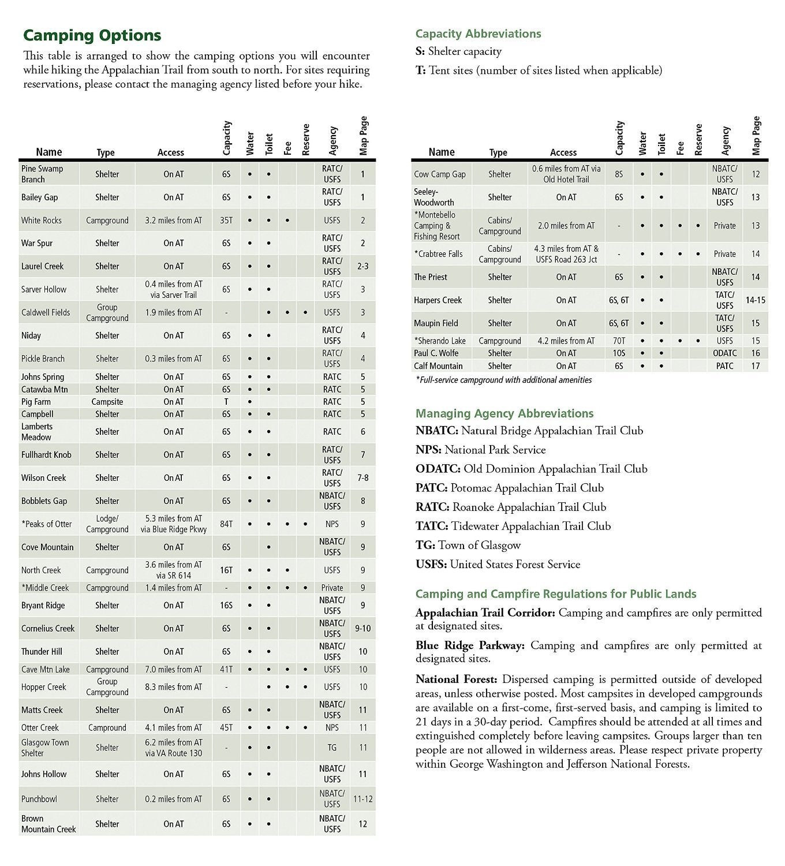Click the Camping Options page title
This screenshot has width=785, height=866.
tap(92, 35)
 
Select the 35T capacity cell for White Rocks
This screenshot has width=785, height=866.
tap(226, 221)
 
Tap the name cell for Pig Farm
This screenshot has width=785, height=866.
tap(36, 402)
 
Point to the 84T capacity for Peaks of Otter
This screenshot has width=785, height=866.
tap(226, 524)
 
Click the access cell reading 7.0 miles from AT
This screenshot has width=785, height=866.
tap(173, 670)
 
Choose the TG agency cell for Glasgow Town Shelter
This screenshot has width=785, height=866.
tap(332, 748)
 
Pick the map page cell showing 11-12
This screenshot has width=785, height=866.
tap(362, 799)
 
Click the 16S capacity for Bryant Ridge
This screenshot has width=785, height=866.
tap(226, 606)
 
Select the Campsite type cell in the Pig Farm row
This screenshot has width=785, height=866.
tap(107, 402)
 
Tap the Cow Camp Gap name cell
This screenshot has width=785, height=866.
tap(439, 174)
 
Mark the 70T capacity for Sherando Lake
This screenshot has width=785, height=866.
tap(619, 341)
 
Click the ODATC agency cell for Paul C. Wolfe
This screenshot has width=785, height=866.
tap(724, 353)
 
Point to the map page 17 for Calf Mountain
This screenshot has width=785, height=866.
tap(755, 366)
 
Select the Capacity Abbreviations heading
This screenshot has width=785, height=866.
tap(478, 33)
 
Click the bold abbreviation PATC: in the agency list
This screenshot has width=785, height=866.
tap(432, 488)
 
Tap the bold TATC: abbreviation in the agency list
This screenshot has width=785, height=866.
tap(432, 526)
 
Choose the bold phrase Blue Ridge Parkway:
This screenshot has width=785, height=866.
tap(470, 645)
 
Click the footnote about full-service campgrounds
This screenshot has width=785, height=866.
tap(503, 380)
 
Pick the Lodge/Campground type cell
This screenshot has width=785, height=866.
tap(107, 524)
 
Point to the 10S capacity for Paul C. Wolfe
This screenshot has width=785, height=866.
tap(619, 353)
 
